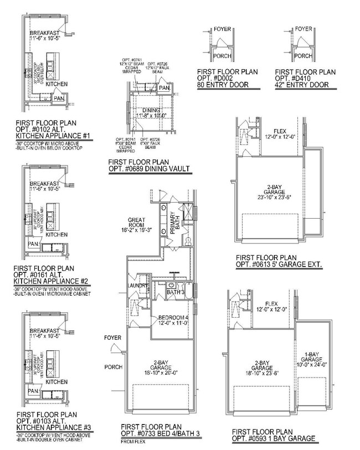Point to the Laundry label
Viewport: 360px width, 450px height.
pyautogui.click(x=137, y=286)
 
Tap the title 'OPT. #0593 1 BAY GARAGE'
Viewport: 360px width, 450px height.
pyautogui.click(x=274, y=439)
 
